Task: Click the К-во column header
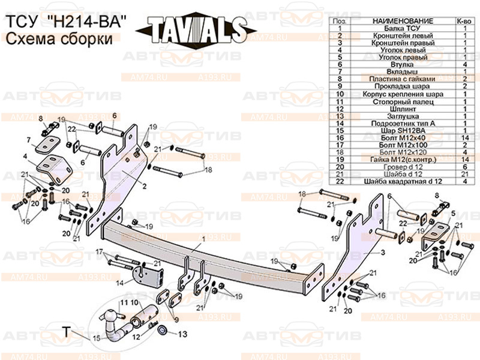tap(464, 21)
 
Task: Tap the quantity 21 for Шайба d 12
tap(464, 173)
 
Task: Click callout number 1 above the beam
tap(203, 239)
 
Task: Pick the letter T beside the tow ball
tap(68, 330)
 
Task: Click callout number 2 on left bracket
tap(144, 187)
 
